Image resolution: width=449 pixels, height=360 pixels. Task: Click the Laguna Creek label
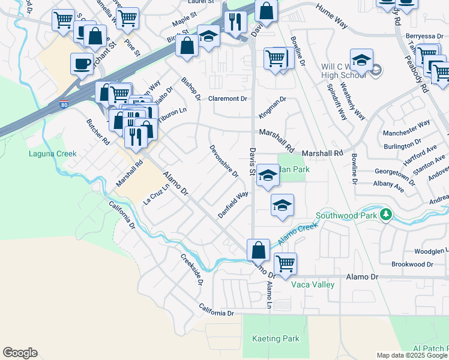tap(53, 154)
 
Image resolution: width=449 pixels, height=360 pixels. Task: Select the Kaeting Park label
tap(276, 338)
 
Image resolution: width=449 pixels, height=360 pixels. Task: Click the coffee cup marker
tap(82, 63)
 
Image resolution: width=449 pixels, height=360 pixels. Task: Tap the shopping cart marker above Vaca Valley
tap(285, 263)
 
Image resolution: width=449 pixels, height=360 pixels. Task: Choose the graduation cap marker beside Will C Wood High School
tap(361, 60)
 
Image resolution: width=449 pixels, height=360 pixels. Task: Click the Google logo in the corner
tap(20, 353)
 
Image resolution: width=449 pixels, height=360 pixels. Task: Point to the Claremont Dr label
tap(228, 98)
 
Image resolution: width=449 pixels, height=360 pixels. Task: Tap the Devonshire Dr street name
tap(224, 161)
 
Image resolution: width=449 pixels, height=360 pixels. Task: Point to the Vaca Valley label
tap(313, 284)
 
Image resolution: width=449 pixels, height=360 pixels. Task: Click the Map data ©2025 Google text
tap(412, 355)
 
